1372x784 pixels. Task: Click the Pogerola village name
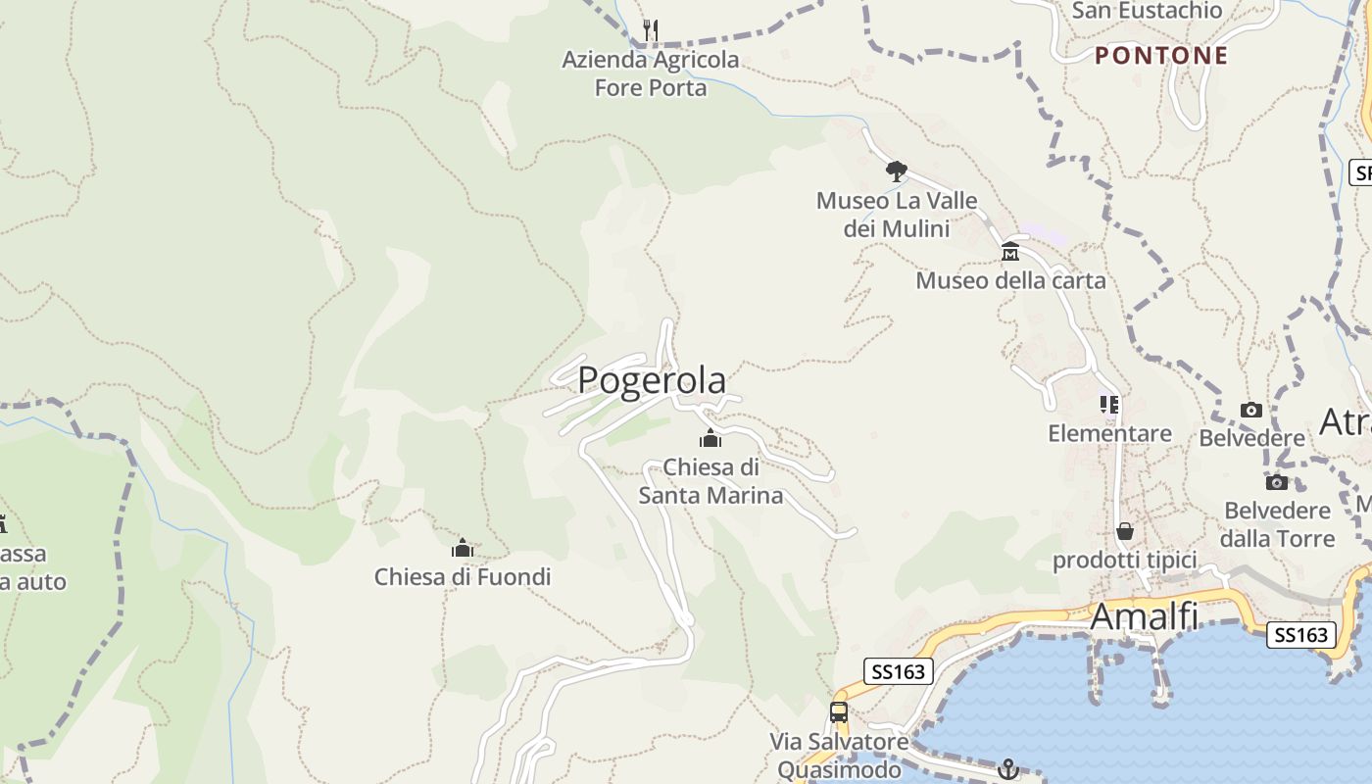(652, 380)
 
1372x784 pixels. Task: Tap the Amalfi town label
(1144, 616)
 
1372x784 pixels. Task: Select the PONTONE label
(1161, 56)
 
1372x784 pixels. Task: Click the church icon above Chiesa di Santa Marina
(710, 438)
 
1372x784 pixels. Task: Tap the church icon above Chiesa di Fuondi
(463, 548)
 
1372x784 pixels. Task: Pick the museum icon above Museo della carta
(1010, 252)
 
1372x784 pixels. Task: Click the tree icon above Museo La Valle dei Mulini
(896, 171)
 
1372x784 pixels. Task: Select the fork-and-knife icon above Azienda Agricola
(650, 30)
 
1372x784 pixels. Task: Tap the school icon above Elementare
(1109, 404)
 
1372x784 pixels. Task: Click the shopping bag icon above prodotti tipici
(1125, 531)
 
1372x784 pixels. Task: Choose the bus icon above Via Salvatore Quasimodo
(839, 712)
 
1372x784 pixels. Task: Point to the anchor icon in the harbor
(1008, 769)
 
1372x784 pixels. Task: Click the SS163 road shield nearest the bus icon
(898, 671)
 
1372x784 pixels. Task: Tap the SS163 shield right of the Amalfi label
(1301, 635)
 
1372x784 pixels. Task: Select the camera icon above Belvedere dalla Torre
(1276, 482)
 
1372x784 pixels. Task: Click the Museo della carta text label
(1010, 281)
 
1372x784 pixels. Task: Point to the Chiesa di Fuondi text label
(463, 577)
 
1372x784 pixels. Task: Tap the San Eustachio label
(1148, 11)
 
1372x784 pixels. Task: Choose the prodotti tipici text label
(1125, 561)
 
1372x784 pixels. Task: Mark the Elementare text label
(1109, 433)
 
